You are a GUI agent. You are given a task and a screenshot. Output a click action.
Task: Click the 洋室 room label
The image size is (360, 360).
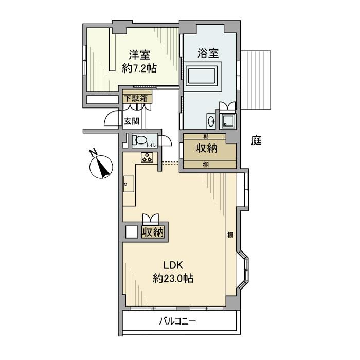pyautogui.click(x=140, y=54)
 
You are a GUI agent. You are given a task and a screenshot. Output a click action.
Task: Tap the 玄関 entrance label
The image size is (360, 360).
pyautogui.click(x=131, y=121)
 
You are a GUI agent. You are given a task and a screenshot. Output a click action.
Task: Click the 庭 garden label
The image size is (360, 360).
pyautogui.click(x=257, y=140)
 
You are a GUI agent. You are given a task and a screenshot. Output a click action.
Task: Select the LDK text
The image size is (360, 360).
pyautogui.click(x=173, y=266)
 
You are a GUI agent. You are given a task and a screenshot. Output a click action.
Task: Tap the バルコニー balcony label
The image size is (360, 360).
pyautogui.click(x=177, y=322)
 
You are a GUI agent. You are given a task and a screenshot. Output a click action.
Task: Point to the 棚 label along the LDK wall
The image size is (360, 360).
pyautogui.click(x=230, y=235)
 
